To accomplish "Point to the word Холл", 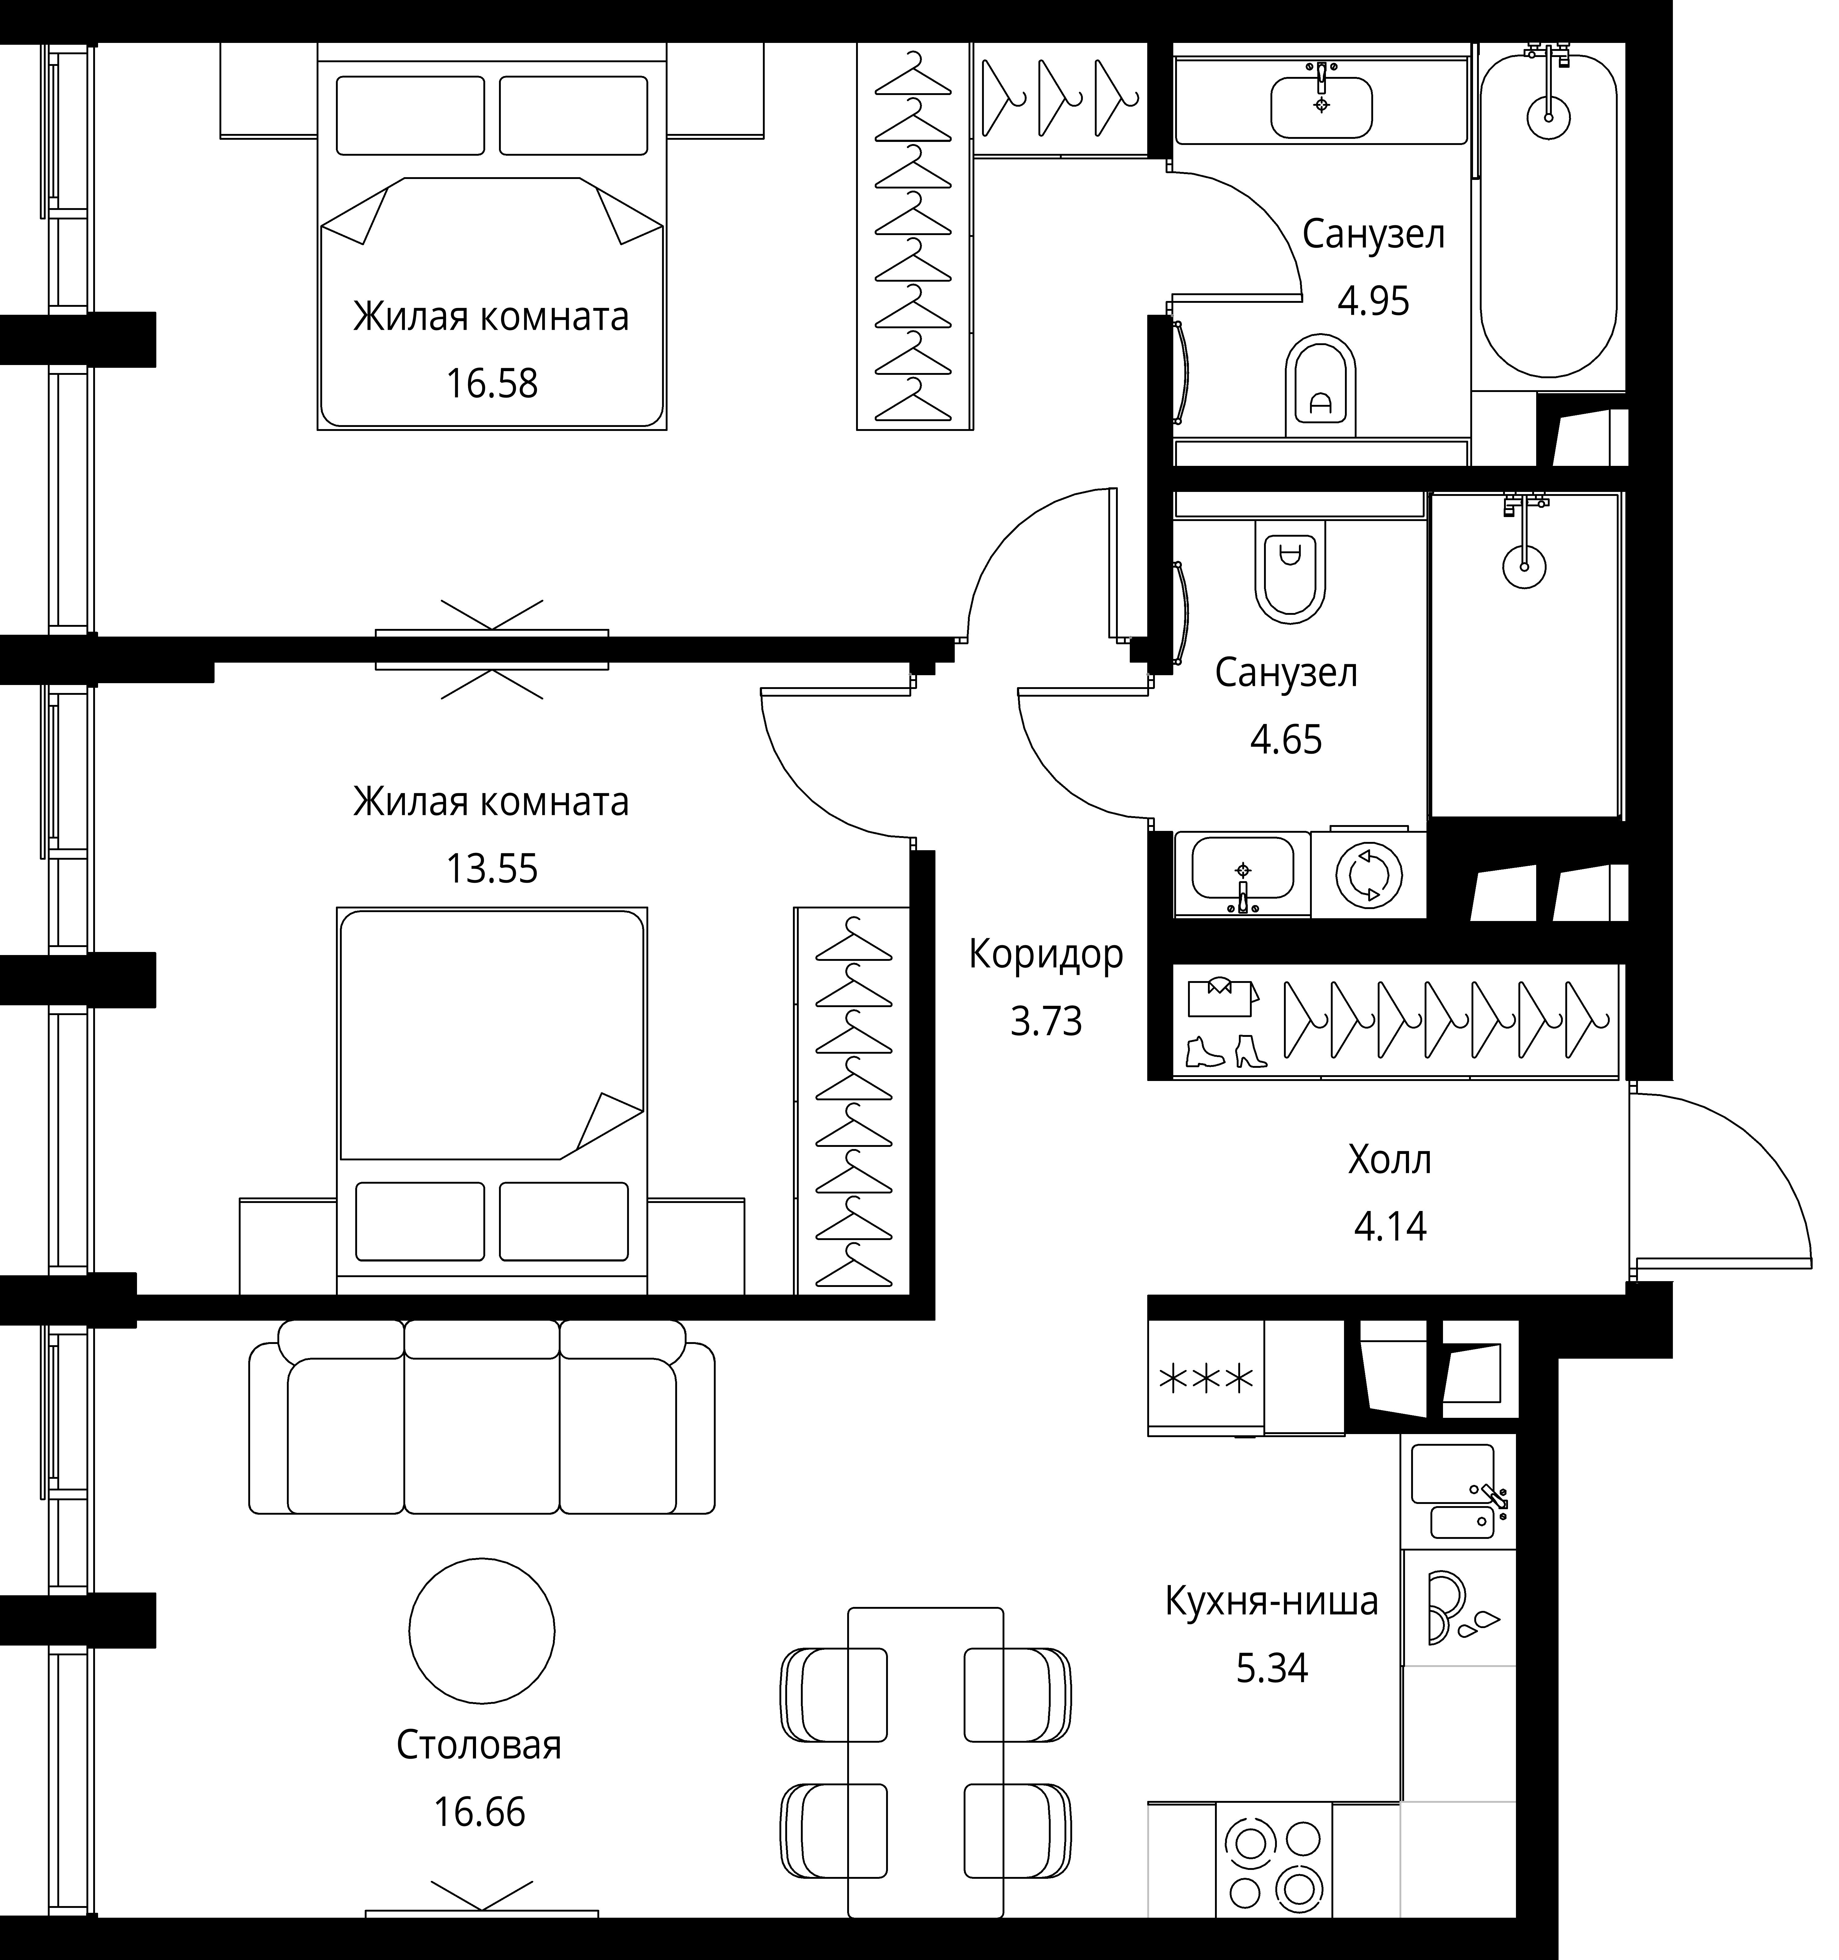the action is point(1389,1159).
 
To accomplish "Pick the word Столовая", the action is point(479,1745).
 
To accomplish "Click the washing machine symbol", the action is point(1369,873).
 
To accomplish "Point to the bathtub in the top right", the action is point(1548,215).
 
